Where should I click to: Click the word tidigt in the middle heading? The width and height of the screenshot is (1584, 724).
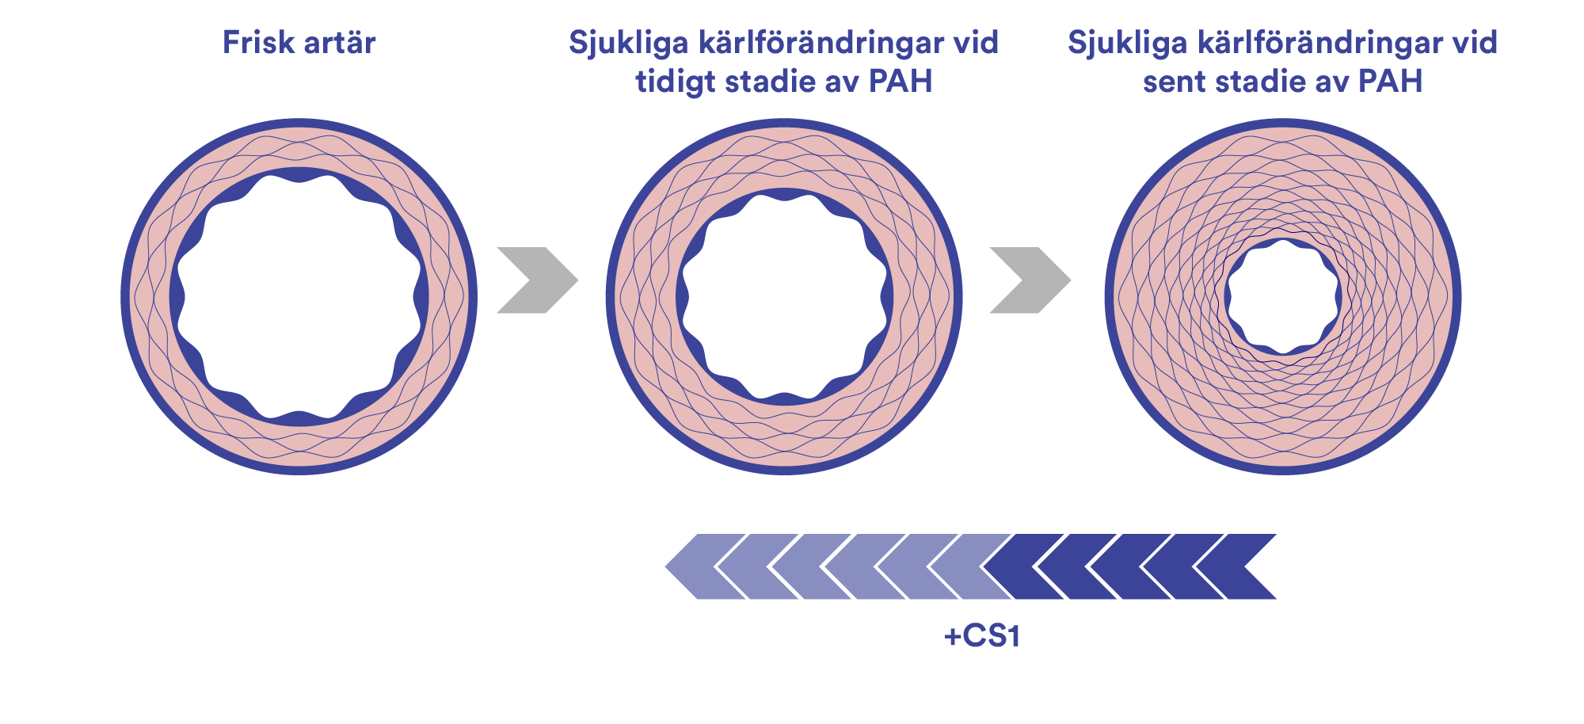(x=674, y=82)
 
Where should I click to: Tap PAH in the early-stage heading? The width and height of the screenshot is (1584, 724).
(x=901, y=82)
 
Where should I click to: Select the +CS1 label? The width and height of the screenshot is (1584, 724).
(x=982, y=636)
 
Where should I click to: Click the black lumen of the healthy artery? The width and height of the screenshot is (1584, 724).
(x=299, y=297)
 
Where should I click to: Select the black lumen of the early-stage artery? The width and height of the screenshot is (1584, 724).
(x=784, y=297)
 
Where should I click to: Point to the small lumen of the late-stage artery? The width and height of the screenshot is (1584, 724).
(x=1282, y=296)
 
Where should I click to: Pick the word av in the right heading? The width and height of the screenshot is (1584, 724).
(x=1333, y=82)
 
